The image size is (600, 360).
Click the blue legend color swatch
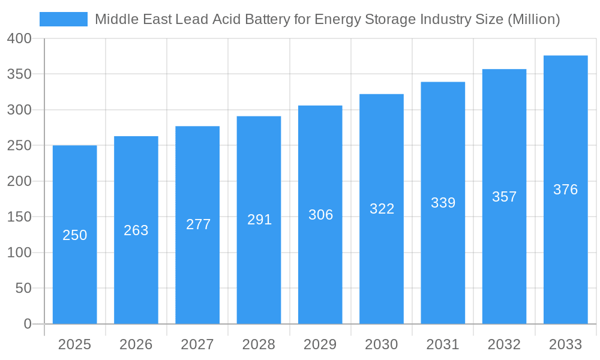coord(64,19)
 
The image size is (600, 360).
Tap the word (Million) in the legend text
coord(533,19)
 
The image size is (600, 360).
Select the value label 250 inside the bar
coord(75,235)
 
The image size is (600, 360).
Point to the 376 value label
coord(565,190)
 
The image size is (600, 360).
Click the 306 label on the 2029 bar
coord(320,215)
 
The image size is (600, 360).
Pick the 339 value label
coord(443,203)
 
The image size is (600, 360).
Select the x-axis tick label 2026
coord(136,344)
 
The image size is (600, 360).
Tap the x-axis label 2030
coord(382,344)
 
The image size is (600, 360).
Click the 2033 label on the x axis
coord(565,344)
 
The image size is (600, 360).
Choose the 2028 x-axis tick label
coord(259,344)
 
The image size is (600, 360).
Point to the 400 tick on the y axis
coord(20,38)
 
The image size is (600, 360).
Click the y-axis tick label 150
coord(20,217)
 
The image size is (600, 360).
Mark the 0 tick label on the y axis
coord(28,324)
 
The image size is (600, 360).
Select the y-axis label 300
coord(20,110)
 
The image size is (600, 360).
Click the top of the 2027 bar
coord(197,127)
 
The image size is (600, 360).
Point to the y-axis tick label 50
coord(23,288)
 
